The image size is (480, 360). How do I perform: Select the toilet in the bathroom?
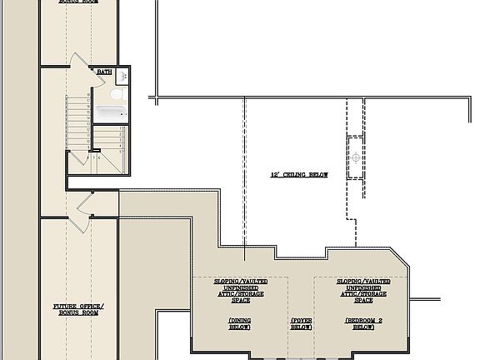pyautogui.click(x=122, y=95)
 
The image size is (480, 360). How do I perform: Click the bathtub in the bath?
pyautogui.click(x=108, y=112)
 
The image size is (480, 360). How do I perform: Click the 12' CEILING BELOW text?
pyautogui.click(x=298, y=175)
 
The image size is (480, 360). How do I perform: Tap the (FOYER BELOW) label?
pyautogui.click(x=301, y=324)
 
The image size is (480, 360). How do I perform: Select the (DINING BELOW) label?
pyautogui.click(x=240, y=324)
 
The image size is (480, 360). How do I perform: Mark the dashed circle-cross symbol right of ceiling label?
pyautogui.click(x=356, y=157)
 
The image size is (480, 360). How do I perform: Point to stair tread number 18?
pyautogui.click(x=88, y=96)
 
